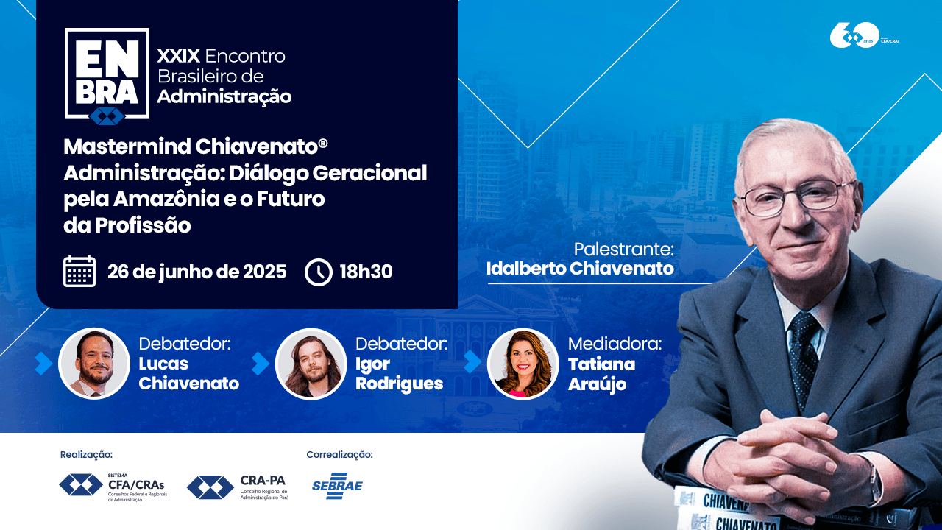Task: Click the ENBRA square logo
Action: point(107,74)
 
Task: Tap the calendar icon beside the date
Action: point(79,271)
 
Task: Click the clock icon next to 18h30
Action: point(319,272)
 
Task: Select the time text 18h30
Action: point(366,272)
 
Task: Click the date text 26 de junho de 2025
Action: point(196,272)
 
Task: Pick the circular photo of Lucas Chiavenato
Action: point(94,364)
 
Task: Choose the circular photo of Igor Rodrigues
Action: point(311,364)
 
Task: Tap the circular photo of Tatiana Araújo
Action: point(523,364)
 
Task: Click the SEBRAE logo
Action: point(337,486)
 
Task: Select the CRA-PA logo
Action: point(238,487)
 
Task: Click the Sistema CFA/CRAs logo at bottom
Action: point(113,486)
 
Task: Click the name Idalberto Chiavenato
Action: point(580,269)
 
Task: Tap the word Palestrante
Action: point(623,250)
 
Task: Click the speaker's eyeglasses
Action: point(798,196)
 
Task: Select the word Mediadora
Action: point(615,344)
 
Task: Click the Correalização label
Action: point(339,455)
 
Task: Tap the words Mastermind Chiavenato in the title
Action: point(191,146)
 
